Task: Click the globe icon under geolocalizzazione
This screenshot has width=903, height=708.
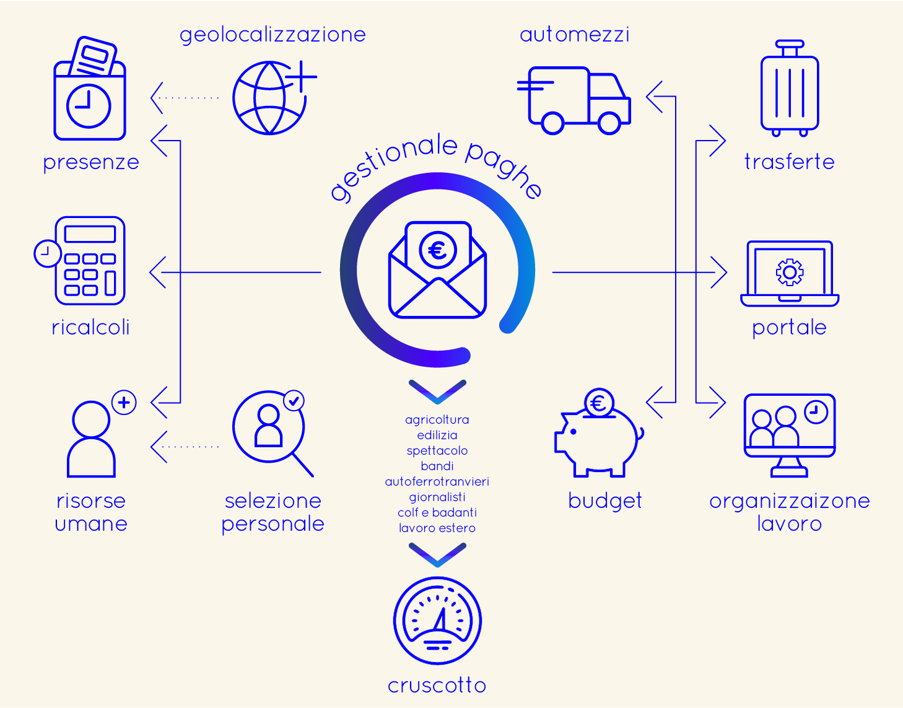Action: coord(269,98)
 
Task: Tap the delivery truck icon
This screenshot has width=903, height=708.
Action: coord(574,100)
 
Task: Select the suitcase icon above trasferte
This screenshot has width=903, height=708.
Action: coord(790,88)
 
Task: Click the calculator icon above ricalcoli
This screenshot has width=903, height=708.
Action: coord(90,261)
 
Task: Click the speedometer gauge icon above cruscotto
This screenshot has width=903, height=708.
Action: coord(437,621)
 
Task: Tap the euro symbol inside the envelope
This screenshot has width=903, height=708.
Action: coord(438,250)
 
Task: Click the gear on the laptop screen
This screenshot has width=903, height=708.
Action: coord(790,272)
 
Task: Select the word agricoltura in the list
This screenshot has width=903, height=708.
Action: coord(437,420)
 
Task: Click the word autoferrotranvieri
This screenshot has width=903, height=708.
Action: coord(437,481)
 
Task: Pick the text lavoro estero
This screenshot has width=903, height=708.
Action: coord(437,528)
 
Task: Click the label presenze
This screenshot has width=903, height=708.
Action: coord(91,163)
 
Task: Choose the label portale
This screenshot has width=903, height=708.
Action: coord(789,328)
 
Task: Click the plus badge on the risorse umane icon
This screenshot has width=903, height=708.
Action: coord(124,402)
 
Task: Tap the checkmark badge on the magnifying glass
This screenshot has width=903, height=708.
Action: coord(294,401)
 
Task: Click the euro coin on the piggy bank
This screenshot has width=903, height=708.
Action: coord(599,403)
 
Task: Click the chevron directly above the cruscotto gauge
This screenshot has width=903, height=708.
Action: coord(437,554)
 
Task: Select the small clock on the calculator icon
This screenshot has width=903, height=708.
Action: coord(47,253)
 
